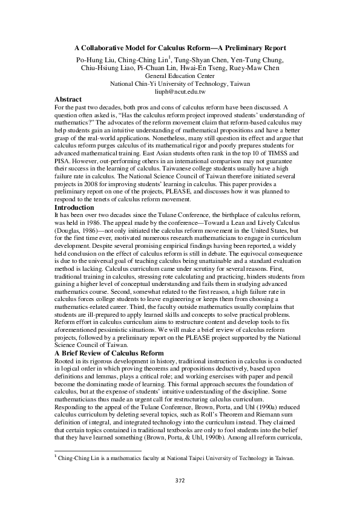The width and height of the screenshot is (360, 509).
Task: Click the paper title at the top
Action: (x=180, y=47)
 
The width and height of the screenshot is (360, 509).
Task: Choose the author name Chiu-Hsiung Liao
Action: (x=106, y=68)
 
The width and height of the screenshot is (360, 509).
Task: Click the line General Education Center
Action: (x=180, y=76)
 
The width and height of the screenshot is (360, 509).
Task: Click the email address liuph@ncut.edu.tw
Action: (x=180, y=91)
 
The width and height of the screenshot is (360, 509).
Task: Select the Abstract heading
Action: (x=68, y=99)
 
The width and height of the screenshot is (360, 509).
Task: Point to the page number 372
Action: (x=180, y=480)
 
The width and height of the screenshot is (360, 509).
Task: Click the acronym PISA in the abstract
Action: (x=62, y=163)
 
